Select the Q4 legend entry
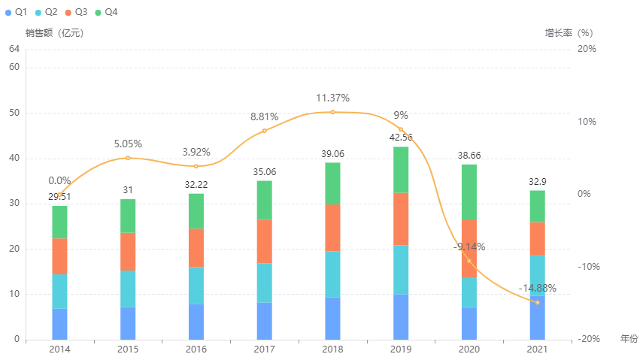pos(105,12)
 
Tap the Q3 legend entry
pos(75,12)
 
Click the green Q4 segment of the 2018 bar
pos(332,183)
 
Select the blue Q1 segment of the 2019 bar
pos(401,316)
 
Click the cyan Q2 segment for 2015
pos(128,289)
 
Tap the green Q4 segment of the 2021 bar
pos(537,206)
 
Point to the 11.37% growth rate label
pos(332,98)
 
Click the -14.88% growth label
pos(537,288)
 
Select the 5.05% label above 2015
pos(128,144)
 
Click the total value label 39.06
pos(332,155)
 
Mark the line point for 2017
pos(264,131)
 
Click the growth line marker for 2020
pos(469,261)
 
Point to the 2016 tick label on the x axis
pos(196,349)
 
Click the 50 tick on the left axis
pos(14,113)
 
